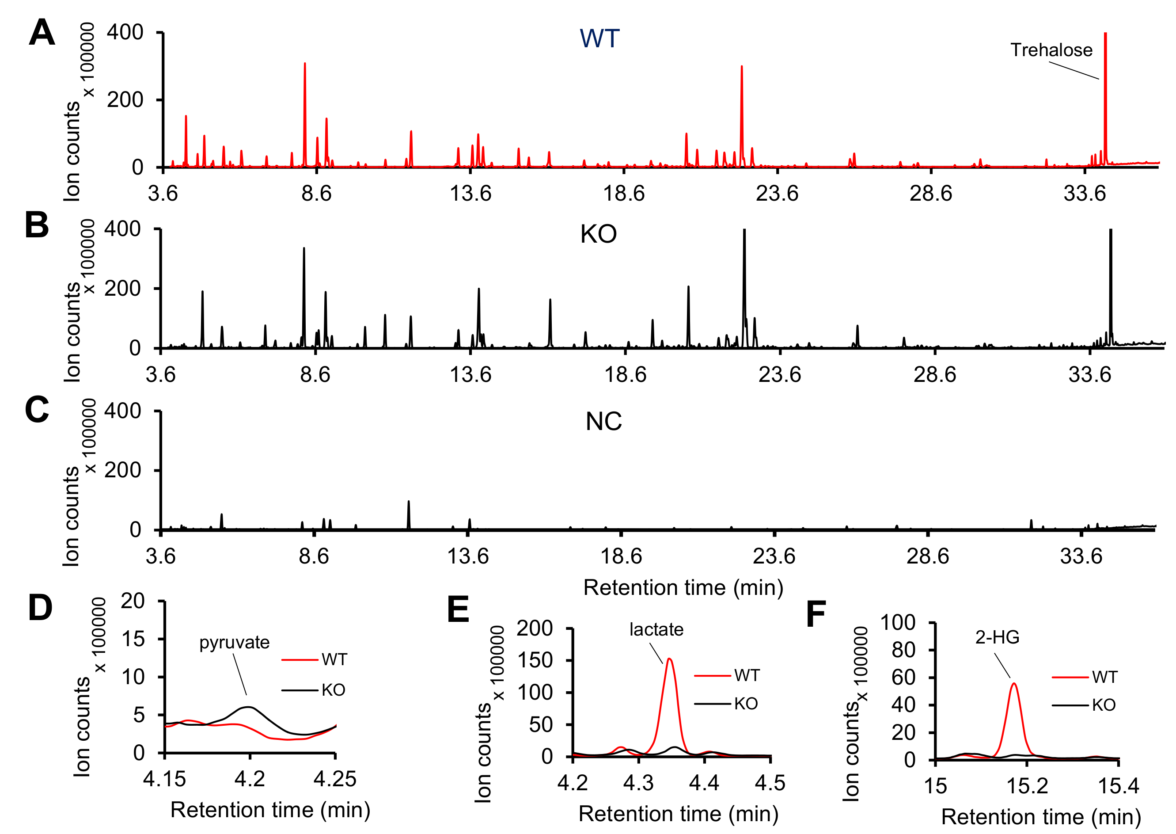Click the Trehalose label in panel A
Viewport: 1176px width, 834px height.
[1051, 50]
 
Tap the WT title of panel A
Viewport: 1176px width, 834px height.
[599, 38]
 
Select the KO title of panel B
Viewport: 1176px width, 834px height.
[598, 234]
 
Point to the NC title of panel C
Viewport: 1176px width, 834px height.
[603, 422]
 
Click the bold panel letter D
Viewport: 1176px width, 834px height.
[40, 608]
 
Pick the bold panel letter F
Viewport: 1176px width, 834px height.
[816, 614]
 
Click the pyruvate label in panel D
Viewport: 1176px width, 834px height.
[234, 643]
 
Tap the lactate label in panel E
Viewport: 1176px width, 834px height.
[656, 630]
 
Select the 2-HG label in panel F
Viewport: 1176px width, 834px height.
[997, 637]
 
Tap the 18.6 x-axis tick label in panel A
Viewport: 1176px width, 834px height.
[624, 194]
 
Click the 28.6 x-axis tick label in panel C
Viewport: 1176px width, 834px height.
[928, 556]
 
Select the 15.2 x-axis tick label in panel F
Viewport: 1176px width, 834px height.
[1027, 786]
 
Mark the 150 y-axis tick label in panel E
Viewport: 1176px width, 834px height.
[535, 660]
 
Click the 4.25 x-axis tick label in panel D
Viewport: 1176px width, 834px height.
[335, 780]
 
